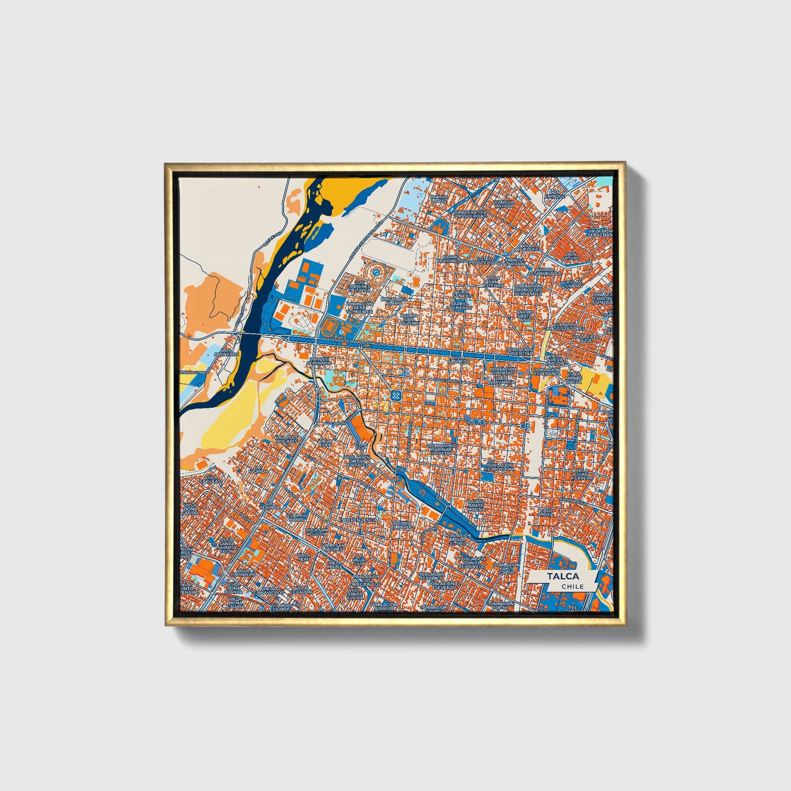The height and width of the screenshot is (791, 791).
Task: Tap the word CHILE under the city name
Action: (x=572, y=586)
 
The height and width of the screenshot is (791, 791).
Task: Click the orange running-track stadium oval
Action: (x=330, y=329)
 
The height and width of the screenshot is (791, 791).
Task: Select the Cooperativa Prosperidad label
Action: (x=470, y=214)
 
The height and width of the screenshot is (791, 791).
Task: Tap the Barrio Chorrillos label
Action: (x=452, y=258)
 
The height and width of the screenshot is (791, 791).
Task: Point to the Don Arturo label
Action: (x=571, y=256)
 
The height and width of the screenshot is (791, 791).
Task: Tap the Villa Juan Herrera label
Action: (x=582, y=474)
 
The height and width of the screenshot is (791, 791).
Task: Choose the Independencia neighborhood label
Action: (x=359, y=519)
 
